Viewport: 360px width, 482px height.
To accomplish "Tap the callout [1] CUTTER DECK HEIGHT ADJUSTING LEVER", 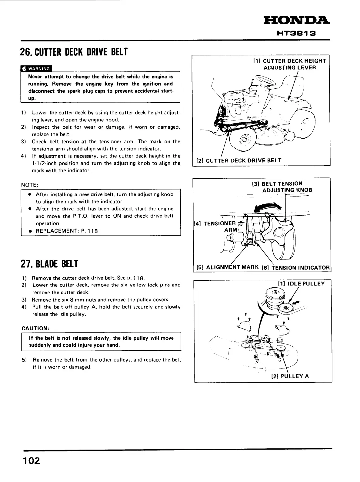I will pos(289,64).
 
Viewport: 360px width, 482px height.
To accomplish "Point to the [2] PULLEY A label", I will pos(290,376).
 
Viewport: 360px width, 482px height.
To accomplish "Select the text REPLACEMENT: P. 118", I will pos(67,231).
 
